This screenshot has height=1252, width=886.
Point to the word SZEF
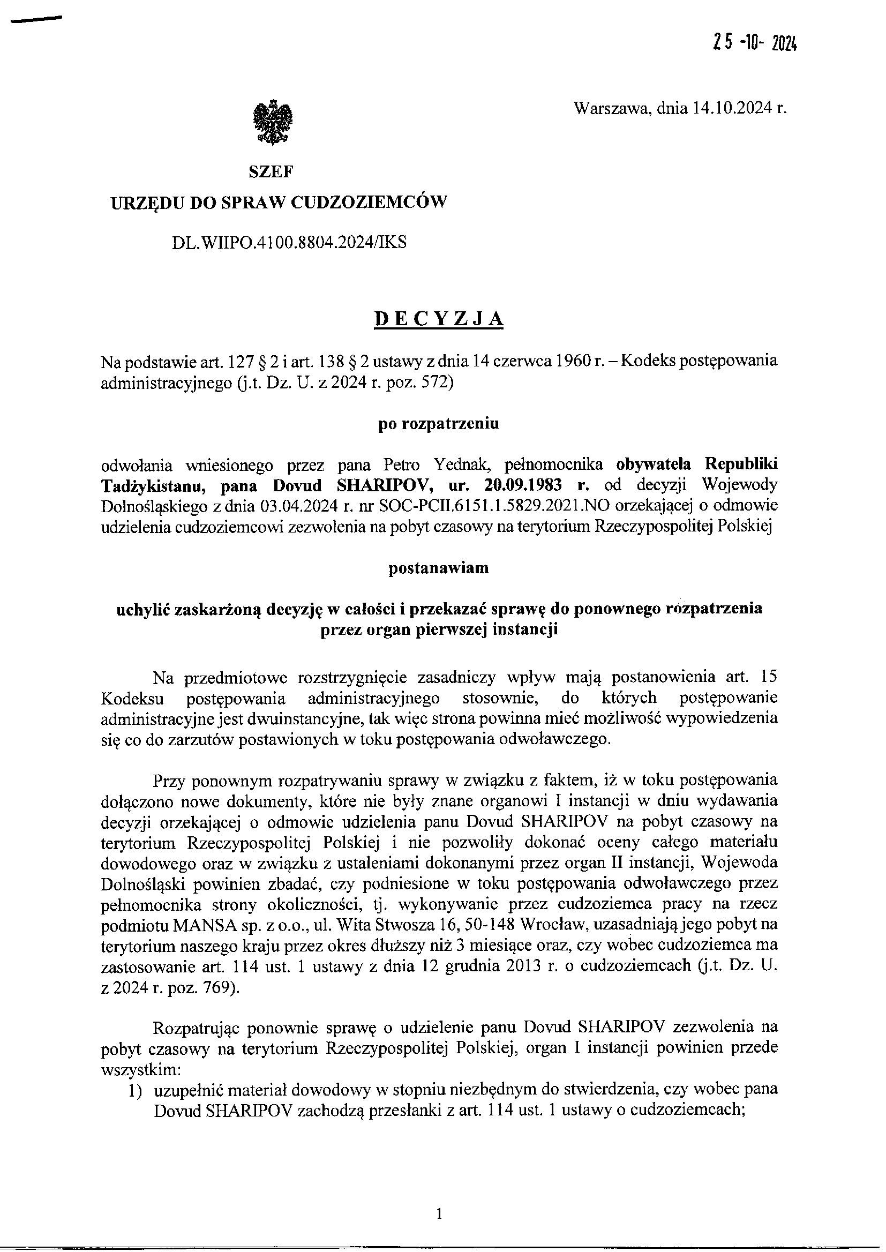(x=271, y=173)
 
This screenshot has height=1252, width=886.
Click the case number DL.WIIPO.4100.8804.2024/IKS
(x=289, y=243)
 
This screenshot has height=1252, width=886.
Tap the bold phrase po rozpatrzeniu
(x=439, y=425)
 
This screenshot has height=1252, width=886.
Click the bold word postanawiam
(x=439, y=568)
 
